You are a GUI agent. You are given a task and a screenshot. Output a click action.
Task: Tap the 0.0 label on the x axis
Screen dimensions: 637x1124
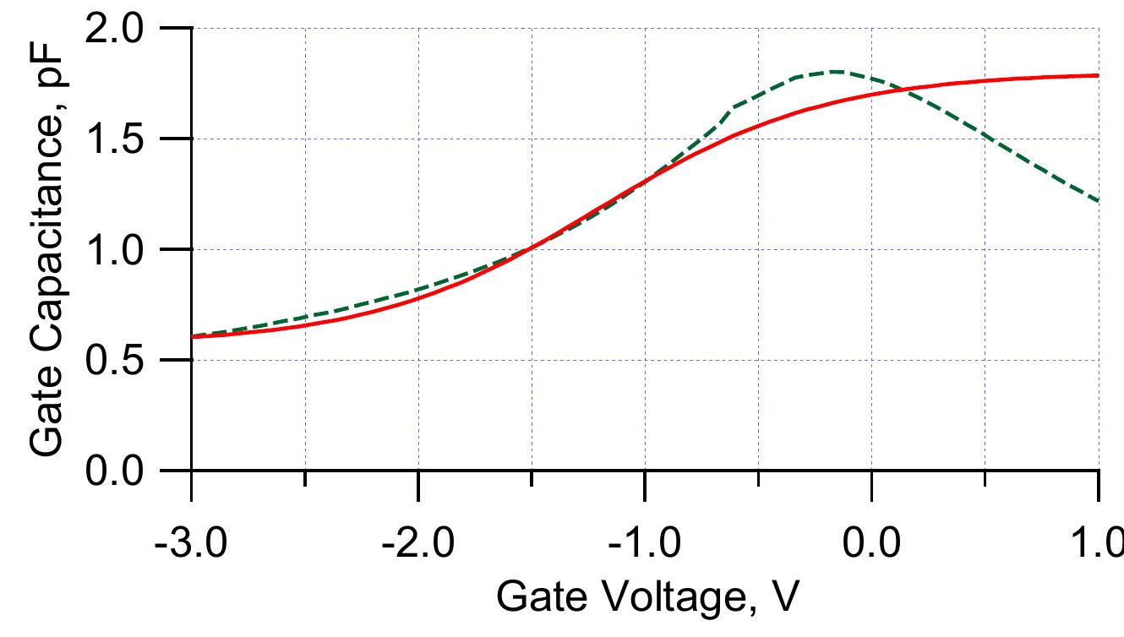tap(871, 537)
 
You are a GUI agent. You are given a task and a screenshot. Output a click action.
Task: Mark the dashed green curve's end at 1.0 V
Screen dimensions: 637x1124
tap(1097, 201)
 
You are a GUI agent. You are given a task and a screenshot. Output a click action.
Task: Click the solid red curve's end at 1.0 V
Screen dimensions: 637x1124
tap(1097, 75)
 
